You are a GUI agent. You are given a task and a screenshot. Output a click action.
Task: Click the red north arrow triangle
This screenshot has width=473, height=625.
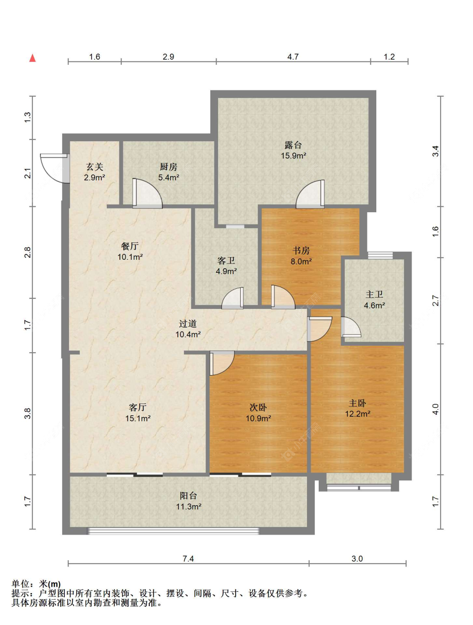32,58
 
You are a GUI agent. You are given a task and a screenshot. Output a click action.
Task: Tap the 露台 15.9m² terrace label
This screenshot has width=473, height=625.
293,150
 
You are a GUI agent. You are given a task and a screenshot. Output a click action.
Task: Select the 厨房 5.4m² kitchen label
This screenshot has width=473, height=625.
169,172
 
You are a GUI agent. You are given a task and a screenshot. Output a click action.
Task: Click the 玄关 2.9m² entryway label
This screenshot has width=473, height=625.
94,172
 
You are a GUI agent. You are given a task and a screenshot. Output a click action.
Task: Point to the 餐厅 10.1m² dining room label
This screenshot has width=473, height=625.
130,251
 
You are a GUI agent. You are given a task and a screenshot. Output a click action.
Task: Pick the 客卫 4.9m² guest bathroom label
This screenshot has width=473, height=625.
226,266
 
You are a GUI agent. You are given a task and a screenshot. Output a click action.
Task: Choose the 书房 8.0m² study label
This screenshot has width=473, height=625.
301,256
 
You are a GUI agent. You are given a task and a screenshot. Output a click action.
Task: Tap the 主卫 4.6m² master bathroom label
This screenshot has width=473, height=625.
374,300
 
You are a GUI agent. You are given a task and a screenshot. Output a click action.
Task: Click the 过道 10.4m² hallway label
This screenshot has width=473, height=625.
188,329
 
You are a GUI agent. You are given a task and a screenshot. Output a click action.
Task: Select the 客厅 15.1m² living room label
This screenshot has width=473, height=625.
137,413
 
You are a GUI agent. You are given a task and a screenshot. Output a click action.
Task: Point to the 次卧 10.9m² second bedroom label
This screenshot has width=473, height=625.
258,413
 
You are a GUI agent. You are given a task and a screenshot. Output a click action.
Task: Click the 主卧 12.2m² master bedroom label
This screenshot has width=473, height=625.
357,408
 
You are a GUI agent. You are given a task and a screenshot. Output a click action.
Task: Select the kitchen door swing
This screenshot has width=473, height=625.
148,193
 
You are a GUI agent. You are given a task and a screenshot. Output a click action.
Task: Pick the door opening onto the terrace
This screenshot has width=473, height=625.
310,194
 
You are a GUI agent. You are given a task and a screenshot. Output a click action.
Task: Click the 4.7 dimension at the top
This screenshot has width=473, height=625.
293,57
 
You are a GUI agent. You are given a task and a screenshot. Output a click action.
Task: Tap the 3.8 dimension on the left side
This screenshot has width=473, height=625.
27,414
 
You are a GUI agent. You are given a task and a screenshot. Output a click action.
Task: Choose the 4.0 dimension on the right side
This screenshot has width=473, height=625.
436,409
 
